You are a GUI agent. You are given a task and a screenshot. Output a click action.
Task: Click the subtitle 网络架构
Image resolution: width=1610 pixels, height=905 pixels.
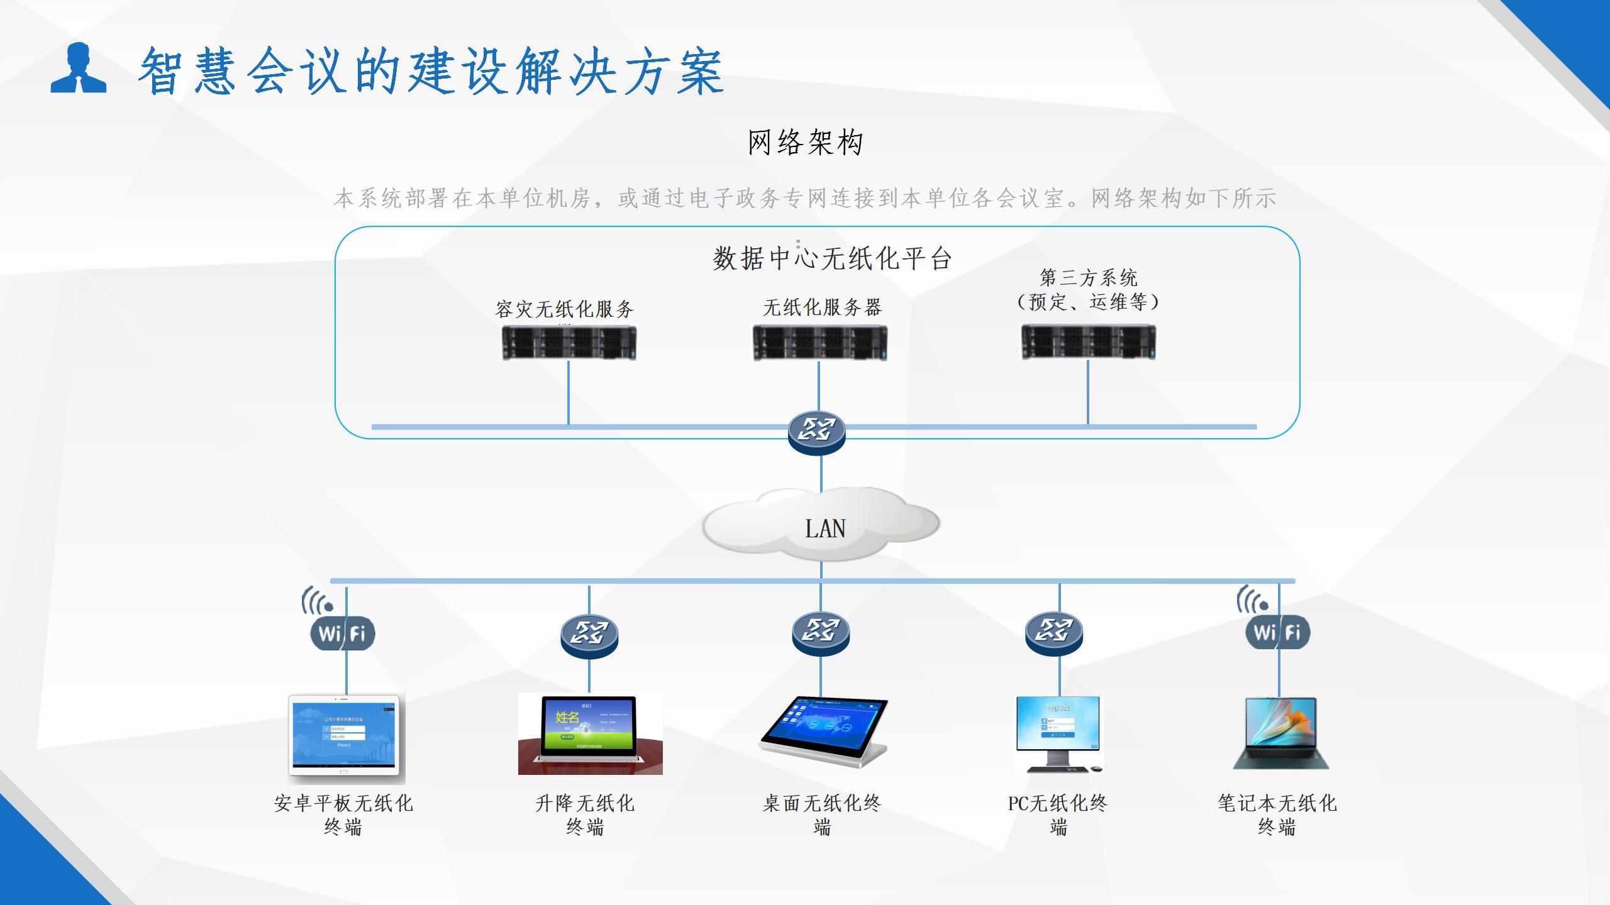tap(804, 143)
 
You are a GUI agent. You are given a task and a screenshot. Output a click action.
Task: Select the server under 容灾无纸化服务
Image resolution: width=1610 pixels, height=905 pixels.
tap(569, 343)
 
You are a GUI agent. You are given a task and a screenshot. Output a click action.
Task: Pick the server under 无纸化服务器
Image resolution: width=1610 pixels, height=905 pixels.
tap(820, 343)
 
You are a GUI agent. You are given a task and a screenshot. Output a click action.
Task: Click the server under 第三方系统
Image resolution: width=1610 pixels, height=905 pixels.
tap(1088, 342)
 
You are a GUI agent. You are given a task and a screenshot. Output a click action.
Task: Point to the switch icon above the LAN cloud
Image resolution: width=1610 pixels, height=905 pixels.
tap(816, 432)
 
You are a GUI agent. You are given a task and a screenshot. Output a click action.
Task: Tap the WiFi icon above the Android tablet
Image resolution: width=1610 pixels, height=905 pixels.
tap(343, 632)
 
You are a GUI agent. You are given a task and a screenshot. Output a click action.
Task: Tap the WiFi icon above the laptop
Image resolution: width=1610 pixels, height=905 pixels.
tap(1278, 632)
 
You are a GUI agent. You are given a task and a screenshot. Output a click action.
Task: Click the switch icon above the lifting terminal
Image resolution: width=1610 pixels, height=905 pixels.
tap(589, 635)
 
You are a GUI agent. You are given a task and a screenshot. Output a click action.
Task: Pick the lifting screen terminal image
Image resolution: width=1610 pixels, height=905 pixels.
tap(590, 733)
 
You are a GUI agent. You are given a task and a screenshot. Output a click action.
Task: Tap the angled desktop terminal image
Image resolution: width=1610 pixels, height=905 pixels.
tap(823, 732)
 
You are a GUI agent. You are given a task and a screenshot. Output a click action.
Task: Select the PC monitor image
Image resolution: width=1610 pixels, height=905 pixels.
tap(1059, 733)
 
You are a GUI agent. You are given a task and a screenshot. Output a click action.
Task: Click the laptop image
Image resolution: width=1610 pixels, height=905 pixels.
tap(1280, 733)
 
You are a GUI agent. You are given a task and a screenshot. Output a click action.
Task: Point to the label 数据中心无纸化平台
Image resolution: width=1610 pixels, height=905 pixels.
tap(831, 258)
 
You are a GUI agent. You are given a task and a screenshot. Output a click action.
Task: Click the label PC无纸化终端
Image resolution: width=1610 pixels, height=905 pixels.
tap(1058, 814)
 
